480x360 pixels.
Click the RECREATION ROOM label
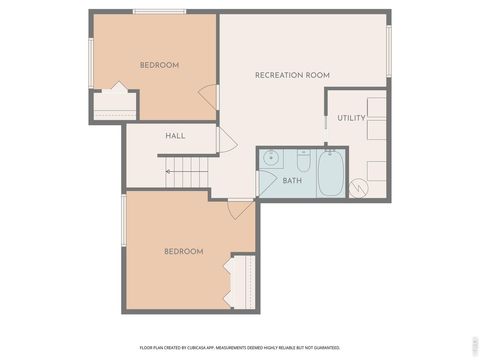point(292,75)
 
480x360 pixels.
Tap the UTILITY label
point(351,118)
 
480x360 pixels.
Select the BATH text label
point(292,181)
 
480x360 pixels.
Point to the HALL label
point(175,136)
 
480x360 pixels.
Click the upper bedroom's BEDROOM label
point(159,65)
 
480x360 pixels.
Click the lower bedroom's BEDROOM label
point(183,251)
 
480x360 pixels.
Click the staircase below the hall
point(187,172)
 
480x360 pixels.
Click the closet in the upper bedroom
point(113,104)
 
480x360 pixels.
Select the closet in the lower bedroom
point(241,281)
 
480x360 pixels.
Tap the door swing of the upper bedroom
point(209,97)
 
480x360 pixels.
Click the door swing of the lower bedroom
point(240,209)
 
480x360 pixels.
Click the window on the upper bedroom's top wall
point(159,11)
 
